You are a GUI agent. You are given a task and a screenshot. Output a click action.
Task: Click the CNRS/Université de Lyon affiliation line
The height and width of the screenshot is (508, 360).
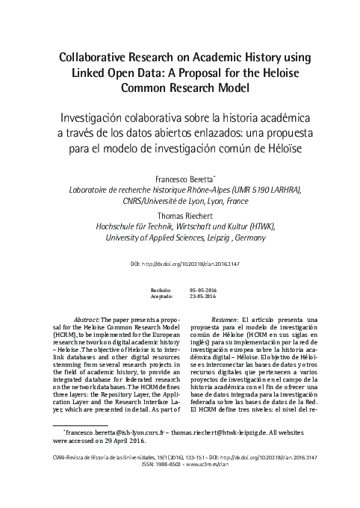(x=180, y=201)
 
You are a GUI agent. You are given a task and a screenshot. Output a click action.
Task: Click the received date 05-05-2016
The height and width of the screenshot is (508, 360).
(x=203, y=288)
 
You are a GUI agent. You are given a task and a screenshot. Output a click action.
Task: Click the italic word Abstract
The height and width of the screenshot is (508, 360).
(x=80, y=320)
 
